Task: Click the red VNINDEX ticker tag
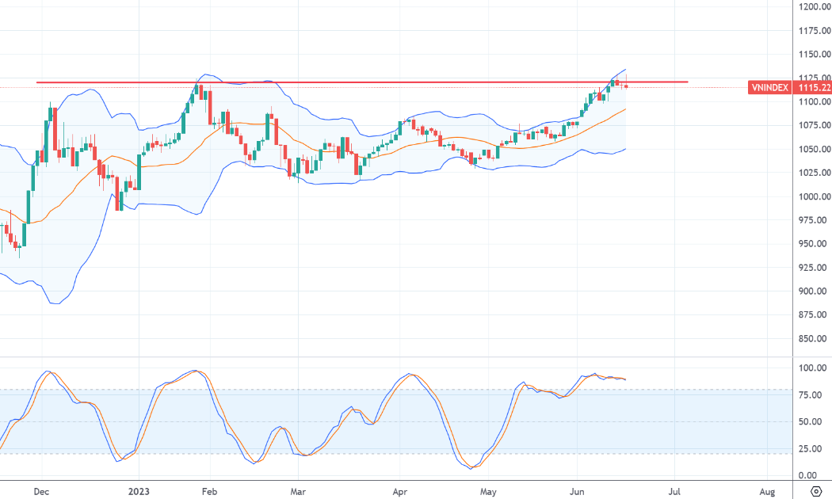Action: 769,87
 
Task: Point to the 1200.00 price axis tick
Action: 815,6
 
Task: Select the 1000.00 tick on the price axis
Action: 815,196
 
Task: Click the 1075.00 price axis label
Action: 815,125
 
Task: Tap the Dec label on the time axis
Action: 41,492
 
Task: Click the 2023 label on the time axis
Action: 139,492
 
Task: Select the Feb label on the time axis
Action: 210,492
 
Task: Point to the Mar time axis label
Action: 298,492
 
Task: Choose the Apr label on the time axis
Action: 399,492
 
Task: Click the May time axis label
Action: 488,492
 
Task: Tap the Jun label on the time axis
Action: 577,492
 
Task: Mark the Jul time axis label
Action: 674,492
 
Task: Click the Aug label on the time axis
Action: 767,492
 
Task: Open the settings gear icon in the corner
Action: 816,492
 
